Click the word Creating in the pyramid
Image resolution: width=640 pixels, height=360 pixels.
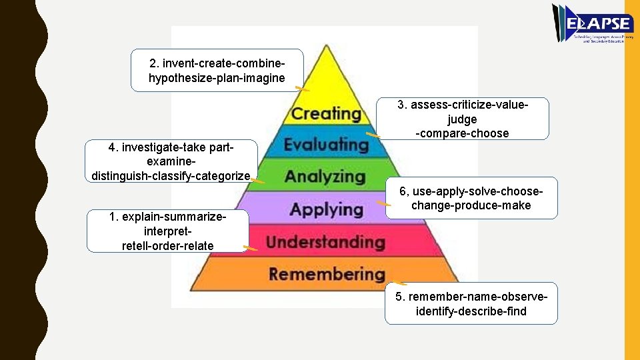tap(326, 113)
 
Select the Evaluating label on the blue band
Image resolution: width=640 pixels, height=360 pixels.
tap(326, 144)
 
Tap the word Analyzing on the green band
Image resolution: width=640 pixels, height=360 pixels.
tap(325, 177)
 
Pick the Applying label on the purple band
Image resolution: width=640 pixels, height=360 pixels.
tap(326, 210)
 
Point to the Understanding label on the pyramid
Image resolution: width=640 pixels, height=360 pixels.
tap(325, 241)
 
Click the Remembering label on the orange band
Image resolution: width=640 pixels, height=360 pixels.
tap(327, 273)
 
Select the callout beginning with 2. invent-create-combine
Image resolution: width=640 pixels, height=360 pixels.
tap(217, 70)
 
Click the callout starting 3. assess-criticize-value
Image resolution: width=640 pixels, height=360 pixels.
tap(463, 119)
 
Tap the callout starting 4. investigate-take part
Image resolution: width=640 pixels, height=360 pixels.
tap(171, 161)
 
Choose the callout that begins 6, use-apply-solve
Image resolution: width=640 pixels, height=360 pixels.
tap(471, 198)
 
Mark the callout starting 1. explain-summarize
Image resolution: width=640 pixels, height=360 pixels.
tap(167, 231)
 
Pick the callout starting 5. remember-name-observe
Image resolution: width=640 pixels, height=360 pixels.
tap(471, 303)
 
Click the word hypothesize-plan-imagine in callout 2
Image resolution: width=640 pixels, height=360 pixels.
tap(217, 78)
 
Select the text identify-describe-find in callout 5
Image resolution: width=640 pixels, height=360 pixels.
tap(471, 311)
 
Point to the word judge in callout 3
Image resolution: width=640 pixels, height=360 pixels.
tap(463, 119)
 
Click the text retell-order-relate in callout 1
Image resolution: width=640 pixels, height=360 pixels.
tap(167, 245)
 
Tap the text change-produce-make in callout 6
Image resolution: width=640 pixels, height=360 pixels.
tap(471, 205)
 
